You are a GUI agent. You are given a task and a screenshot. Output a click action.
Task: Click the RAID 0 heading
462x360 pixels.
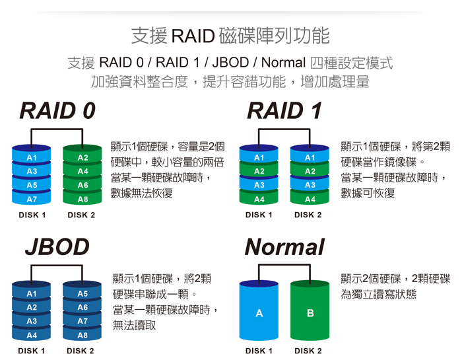(57, 112)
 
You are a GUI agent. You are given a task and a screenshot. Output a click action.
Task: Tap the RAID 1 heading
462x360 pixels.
(284, 112)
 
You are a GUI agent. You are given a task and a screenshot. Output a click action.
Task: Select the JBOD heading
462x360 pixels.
(57, 247)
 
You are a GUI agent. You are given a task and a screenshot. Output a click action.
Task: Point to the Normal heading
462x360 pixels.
(284, 247)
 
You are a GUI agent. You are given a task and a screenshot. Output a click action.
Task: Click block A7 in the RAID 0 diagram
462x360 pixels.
(32, 199)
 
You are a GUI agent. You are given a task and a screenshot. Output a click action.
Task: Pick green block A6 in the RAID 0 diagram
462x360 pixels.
(82, 186)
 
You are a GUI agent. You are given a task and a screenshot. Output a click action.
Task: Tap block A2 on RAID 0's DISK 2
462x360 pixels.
(82, 158)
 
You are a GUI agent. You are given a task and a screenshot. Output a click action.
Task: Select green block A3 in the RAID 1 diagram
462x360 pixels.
(310, 186)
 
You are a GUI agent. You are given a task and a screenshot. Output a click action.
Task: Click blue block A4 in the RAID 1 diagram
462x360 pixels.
(259, 199)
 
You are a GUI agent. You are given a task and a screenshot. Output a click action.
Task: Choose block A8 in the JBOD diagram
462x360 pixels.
(82, 335)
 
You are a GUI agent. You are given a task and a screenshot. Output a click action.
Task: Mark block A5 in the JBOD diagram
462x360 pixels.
(82, 293)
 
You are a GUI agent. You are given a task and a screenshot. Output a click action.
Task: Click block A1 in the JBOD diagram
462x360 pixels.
(32, 293)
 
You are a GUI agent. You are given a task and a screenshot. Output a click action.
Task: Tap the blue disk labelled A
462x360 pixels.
(259, 313)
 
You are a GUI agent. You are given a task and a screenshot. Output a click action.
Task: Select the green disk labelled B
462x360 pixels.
(310, 313)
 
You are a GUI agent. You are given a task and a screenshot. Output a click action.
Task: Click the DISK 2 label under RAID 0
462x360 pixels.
(82, 215)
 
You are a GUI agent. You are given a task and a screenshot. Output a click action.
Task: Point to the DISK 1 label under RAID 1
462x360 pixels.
(259, 215)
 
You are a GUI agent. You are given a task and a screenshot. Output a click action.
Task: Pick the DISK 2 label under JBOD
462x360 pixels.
(82, 351)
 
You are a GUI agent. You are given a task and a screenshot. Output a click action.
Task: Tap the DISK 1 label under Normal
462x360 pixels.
(259, 351)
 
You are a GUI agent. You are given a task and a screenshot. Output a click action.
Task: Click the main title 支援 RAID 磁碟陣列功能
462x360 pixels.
(230, 34)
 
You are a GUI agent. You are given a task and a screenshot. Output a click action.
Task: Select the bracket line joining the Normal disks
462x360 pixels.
(284, 266)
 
